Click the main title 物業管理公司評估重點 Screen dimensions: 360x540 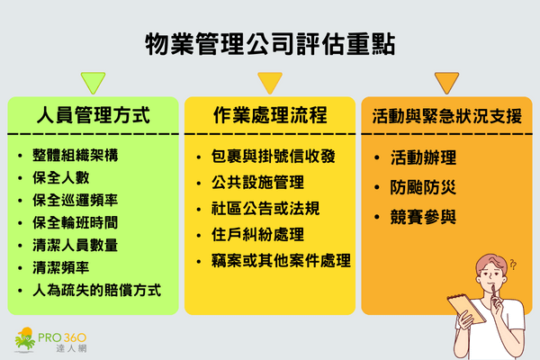[269, 44]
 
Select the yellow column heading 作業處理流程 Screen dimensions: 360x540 [269, 115]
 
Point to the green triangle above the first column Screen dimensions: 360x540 [92, 82]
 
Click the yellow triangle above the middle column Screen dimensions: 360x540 [269, 82]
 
